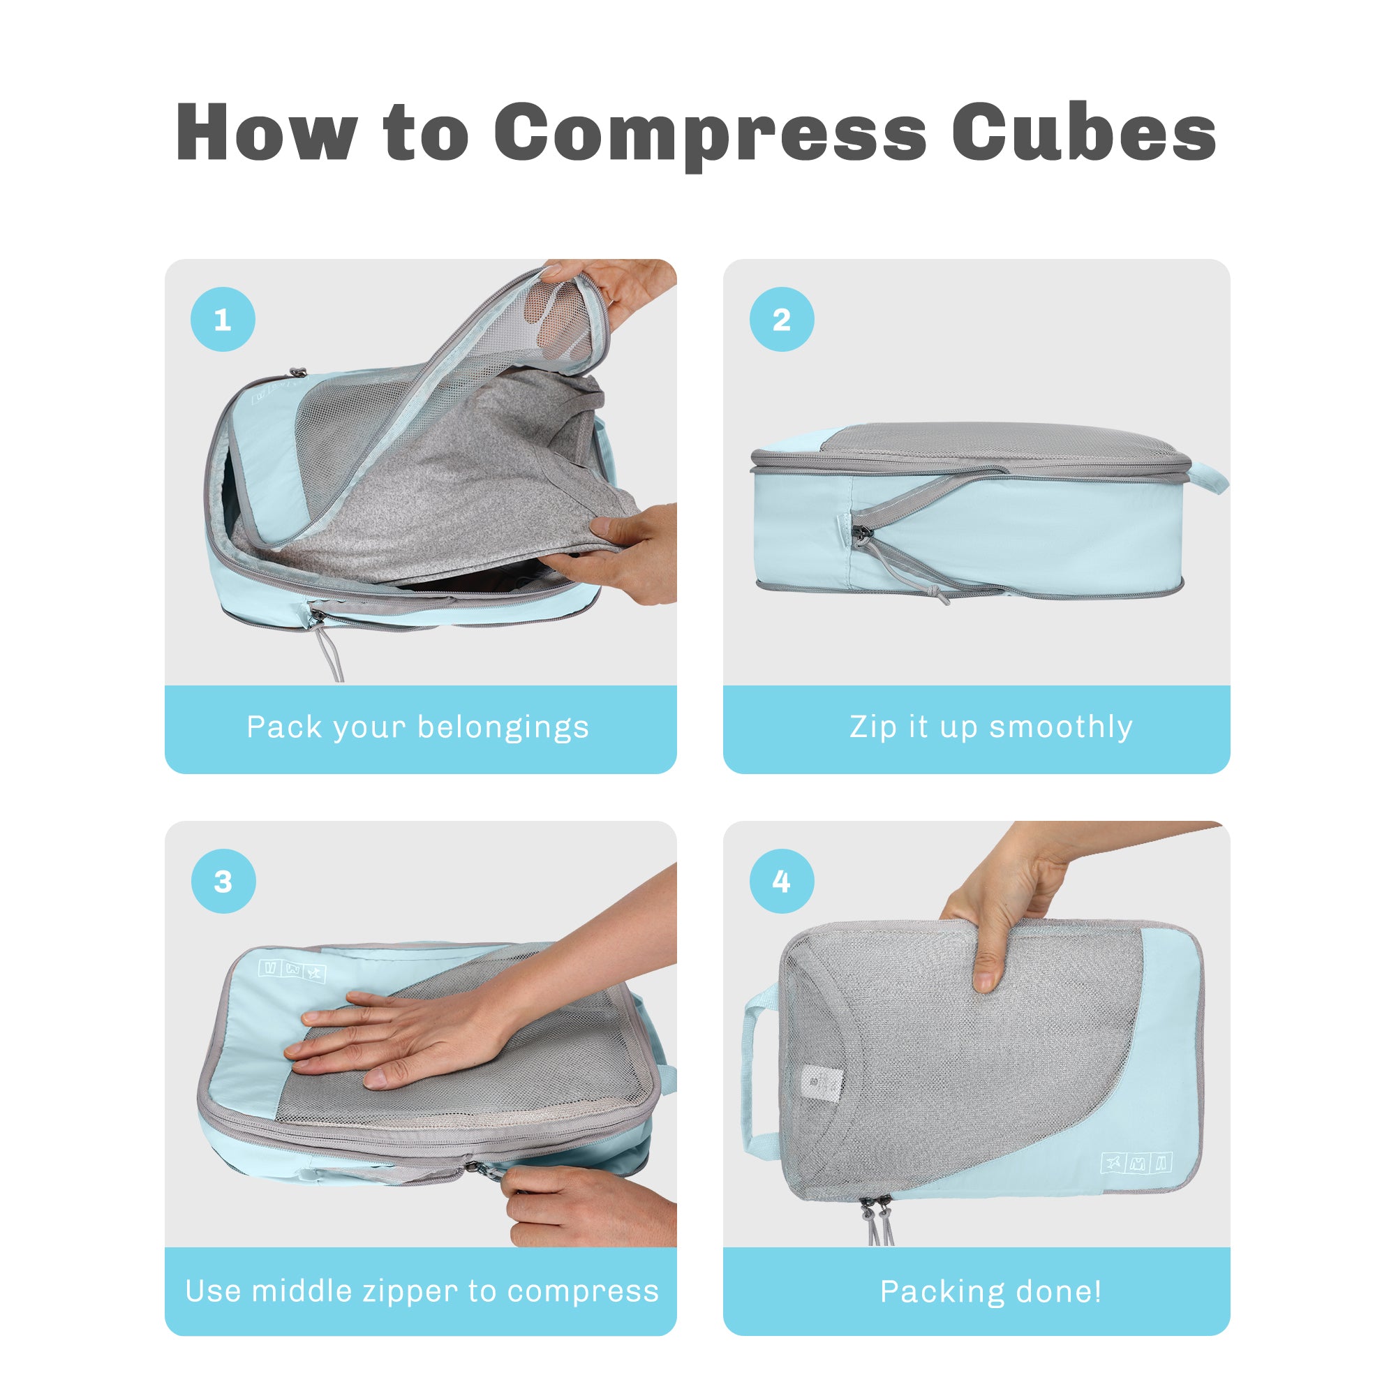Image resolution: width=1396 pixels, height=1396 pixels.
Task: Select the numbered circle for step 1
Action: point(223,320)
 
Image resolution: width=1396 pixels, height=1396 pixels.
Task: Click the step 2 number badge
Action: point(781,320)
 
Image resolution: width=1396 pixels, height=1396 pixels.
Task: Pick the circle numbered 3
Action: point(223,881)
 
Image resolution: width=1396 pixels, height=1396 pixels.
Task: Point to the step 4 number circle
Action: point(781,881)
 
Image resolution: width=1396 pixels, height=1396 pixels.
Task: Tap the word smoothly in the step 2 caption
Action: point(1061,727)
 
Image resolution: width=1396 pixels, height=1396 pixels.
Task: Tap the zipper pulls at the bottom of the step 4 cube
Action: point(877,1221)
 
